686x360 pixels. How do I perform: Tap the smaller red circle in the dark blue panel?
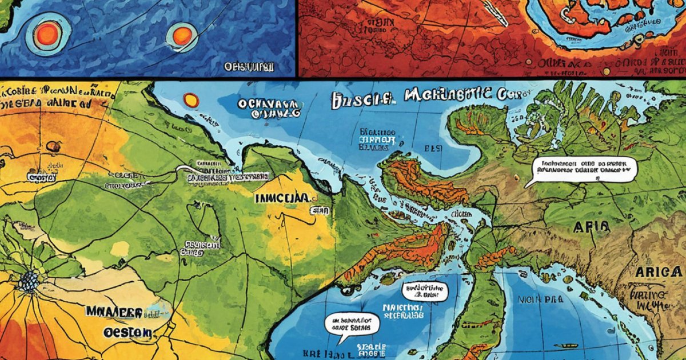point(182,34)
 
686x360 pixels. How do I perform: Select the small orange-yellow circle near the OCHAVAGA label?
point(191,101)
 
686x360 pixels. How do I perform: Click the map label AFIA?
point(591,227)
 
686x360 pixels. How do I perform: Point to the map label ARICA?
point(657,272)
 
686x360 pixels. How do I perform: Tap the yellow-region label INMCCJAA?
point(282,198)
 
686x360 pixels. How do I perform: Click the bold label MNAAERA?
point(114,311)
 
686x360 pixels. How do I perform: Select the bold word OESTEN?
point(127,332)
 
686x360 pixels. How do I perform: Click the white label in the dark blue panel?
point(249,67)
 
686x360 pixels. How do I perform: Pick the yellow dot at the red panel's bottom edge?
point(606,71)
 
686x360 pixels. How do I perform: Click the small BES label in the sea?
point(432,147)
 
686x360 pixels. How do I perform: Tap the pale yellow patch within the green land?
point(120,249)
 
